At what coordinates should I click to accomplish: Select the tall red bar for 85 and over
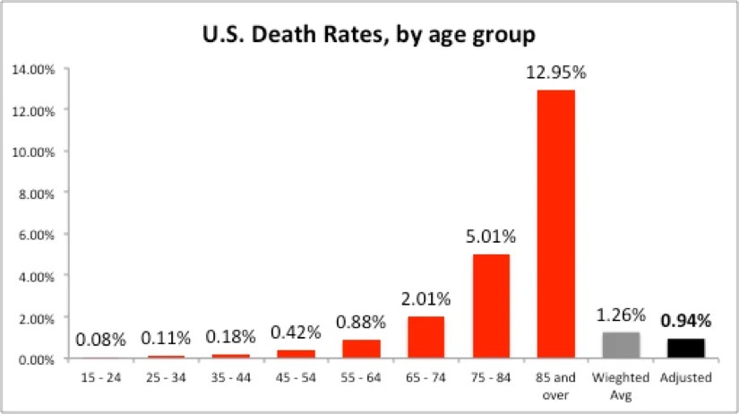pos(555,224)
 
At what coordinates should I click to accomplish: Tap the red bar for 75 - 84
pos(491,306)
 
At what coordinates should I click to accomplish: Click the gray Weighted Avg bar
pos(621,346)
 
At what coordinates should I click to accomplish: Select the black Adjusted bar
pos(685,349)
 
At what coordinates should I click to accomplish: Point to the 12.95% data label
pos(555,73)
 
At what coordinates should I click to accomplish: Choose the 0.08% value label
pos(100,340)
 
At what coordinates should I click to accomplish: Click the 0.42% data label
pos(296,333)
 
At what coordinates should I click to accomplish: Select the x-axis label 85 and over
pos(555,385)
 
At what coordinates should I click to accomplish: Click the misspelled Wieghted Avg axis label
pos(621,385)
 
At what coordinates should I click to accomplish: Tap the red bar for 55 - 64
pos(361,349)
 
